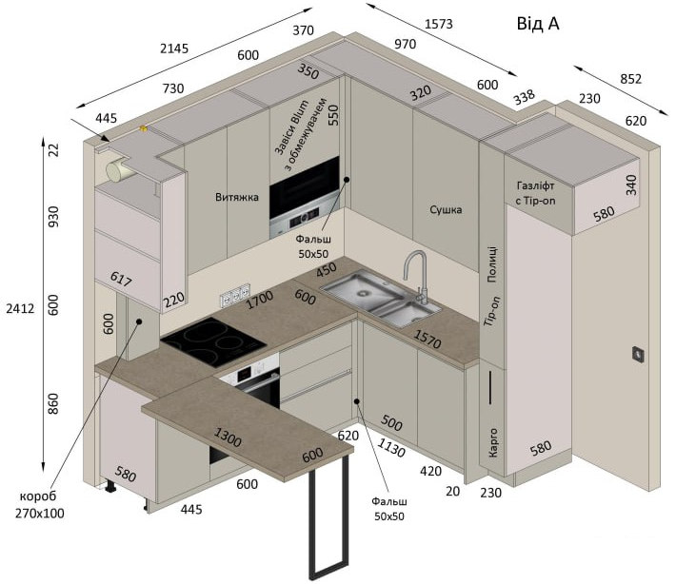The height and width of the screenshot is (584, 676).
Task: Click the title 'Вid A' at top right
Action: tap(538, 24)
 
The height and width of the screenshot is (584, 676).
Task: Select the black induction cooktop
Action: tap(213, 342)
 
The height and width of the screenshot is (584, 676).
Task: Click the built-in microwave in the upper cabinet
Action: tap(305, 198)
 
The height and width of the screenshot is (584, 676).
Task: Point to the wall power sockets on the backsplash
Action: tap(235, 295)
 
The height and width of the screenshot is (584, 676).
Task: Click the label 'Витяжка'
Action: tap(237, 197)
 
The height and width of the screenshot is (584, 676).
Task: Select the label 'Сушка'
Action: tap(446, 210)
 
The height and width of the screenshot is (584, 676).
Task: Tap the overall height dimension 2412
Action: tap(20, 308)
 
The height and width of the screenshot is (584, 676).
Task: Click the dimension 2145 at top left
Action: tap(174, 49)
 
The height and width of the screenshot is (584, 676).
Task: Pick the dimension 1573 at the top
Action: tap(439, 24)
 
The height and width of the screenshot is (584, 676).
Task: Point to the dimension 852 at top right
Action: tap(630, 79)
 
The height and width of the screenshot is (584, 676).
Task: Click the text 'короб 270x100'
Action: tap(39, 505)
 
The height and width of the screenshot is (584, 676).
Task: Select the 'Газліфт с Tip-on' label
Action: tap(535, 193)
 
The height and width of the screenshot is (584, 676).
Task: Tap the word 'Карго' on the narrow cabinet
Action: tap(493, 442)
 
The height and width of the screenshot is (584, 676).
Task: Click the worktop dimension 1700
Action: tap(260, 300)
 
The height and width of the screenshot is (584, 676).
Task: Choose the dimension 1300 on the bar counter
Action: tap(228, 437)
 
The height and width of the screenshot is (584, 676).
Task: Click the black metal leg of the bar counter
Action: tap(328, 516)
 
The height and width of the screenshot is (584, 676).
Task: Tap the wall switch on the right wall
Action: tap(638, 354)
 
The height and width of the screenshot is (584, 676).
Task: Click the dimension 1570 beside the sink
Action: tap(427, 339)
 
